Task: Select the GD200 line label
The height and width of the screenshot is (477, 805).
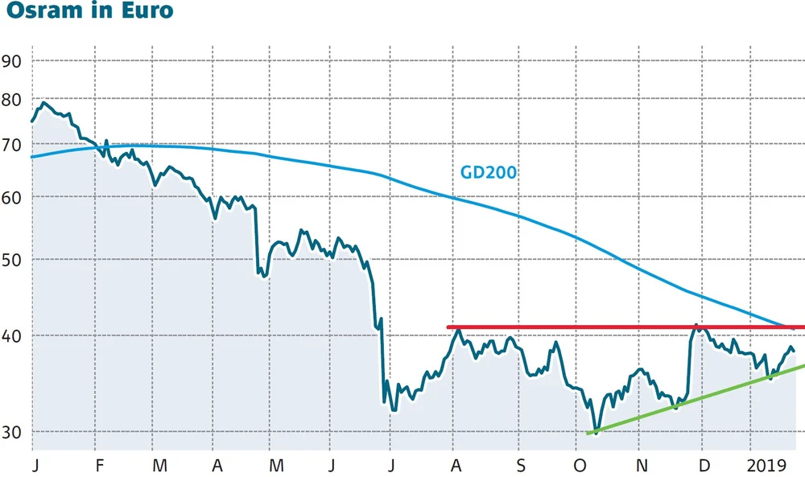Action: [488, 171]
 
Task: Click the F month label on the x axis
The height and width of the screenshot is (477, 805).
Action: [100, 466]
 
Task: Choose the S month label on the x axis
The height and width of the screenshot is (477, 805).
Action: [522, 466]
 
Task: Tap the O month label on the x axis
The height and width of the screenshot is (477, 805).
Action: [578, 466]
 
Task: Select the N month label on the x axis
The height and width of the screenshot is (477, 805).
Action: [642, 466]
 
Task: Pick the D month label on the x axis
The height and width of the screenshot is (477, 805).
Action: [704, 466]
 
